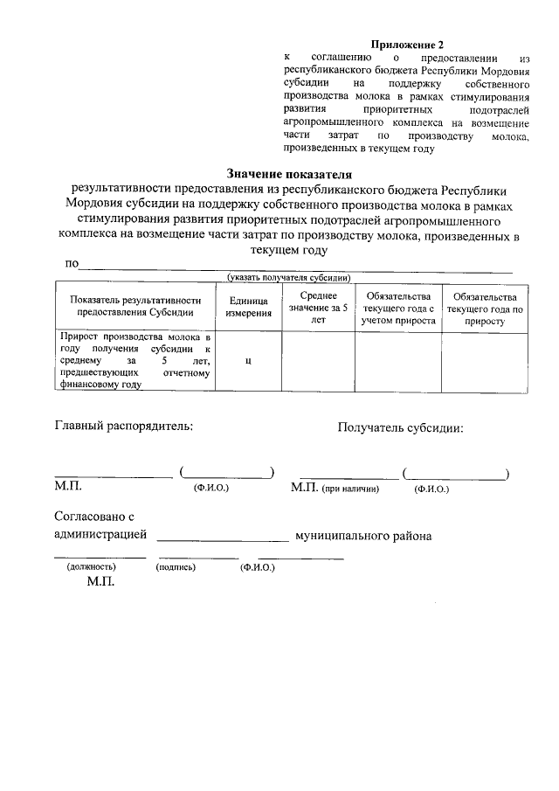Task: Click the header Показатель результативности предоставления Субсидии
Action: (x=135, y=306)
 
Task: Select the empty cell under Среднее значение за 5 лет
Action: (x=317, y=361)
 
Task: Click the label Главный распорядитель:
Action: (x=124, y=427)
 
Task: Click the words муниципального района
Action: (x=363, y=535)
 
